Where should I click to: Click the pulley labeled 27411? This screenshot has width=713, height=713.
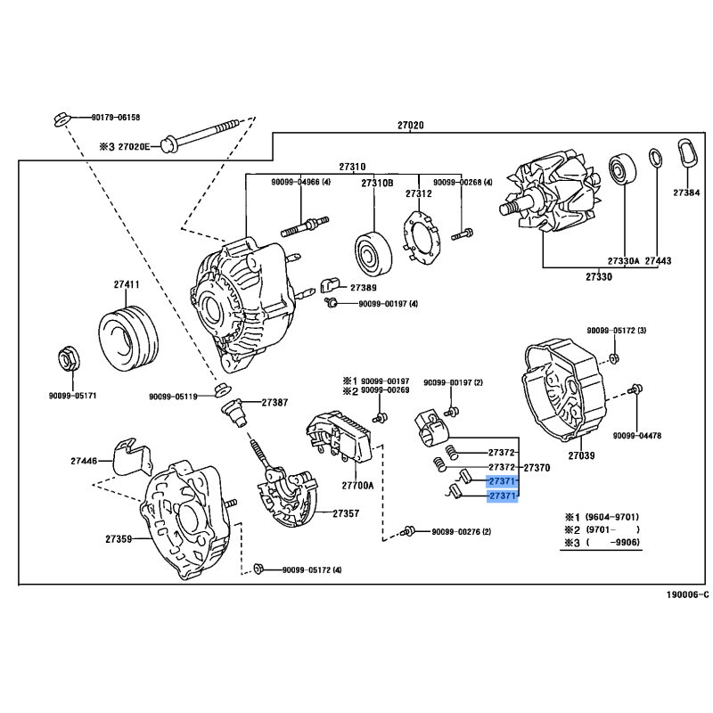pos(128,337)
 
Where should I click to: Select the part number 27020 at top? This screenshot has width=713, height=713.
pos(410,125)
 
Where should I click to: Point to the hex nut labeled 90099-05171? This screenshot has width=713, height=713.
pos(70,359)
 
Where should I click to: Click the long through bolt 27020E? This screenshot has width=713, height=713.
pos(200,135)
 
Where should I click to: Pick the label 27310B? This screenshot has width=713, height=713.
pos(377,184)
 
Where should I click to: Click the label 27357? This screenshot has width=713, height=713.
pos(346,513)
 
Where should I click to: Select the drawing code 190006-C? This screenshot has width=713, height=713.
pos(687,594)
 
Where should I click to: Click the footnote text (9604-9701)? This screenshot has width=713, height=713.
pos(612,517)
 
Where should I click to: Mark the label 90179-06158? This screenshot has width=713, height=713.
pos(116,118)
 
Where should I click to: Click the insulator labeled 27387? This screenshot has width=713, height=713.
pos(234,413)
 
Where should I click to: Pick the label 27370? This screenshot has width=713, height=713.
pos(537,467)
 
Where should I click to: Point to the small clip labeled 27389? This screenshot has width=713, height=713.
pos(330,285)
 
